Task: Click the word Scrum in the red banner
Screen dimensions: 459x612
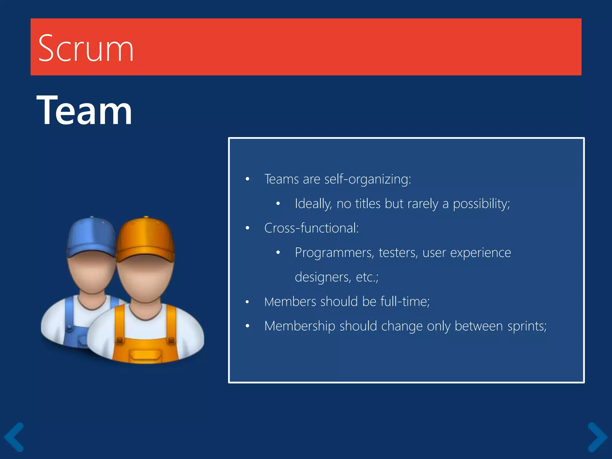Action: pos(86,48)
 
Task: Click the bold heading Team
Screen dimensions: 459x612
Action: pos(84,110)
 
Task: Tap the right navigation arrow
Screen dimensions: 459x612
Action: pos(597,437)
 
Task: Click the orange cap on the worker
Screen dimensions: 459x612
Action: pos(145,239)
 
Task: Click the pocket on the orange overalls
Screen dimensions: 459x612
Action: pos(146,356)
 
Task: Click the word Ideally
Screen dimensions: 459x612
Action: pos(313,204)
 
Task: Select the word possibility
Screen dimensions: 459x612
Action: pos(481,204)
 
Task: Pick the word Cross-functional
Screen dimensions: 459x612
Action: pos(311,228)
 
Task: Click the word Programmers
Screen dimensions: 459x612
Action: pos(334,253)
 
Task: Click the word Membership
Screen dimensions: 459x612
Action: pos(299,326)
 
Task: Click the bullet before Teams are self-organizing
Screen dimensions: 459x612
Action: pos(247,179)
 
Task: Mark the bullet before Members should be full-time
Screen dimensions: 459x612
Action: pos(247,302)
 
